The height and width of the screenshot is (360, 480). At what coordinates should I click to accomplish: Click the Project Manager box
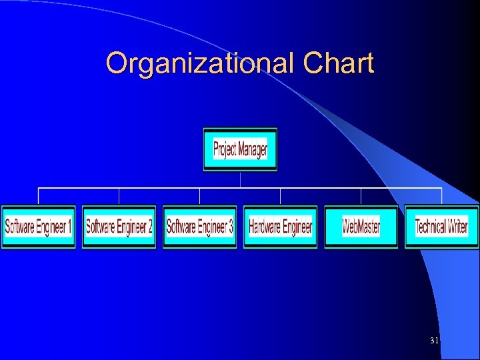(x=240, y=149)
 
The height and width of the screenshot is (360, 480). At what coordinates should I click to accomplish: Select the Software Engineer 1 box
(x=38, y=227)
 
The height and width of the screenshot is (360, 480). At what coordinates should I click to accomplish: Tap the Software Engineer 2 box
(x=119, y=227)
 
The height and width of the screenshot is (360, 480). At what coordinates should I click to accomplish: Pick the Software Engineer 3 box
(x=199, y=227)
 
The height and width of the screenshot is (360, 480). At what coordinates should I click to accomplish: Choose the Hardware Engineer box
(x=280, y=227)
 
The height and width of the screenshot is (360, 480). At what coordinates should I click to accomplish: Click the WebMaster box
(x=361, y=227)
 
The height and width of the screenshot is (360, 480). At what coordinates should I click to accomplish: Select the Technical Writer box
(x=441, y=227)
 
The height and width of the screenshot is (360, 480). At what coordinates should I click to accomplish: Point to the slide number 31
(x=434, y=341)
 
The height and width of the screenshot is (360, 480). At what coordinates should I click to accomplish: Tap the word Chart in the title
(x=338, y=64)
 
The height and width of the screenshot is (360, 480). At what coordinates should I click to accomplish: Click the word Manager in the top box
(x=253, y=149)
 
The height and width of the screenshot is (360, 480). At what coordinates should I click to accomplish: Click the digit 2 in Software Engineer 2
(x=149, y=227)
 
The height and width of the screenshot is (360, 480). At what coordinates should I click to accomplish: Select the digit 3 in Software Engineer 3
(x=230, y=227)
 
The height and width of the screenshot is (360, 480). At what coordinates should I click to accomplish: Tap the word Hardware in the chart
(x=265, y=227)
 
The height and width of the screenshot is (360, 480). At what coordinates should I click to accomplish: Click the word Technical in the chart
(x=431, y=227)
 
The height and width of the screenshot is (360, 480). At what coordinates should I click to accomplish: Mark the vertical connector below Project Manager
(x=240, y=180)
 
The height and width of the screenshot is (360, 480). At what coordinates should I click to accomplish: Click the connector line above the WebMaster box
(x=361, y=197)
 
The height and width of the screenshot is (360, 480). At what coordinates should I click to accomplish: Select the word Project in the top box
(x=225, y=149)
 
